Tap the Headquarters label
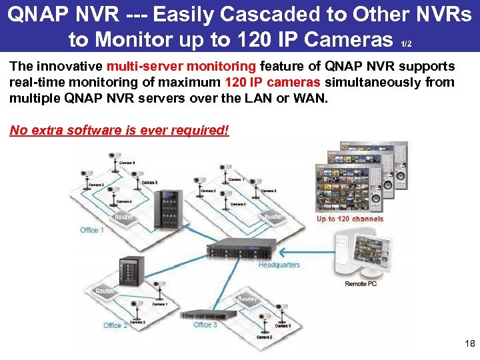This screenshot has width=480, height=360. [279, 265]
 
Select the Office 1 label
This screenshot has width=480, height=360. [92, 230]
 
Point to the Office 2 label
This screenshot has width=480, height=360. [115, 325]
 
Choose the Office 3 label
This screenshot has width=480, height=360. [205, 325]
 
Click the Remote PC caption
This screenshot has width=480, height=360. [361, 284]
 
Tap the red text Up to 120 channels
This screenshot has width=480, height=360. [350, 219]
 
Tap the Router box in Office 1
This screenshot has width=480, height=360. [124, 217]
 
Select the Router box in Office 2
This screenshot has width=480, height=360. [105, 291]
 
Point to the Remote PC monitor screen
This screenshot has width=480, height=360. [377, 251]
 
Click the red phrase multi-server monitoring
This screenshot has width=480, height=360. [179, 67]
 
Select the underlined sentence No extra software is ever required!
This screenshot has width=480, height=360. [119, 130]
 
